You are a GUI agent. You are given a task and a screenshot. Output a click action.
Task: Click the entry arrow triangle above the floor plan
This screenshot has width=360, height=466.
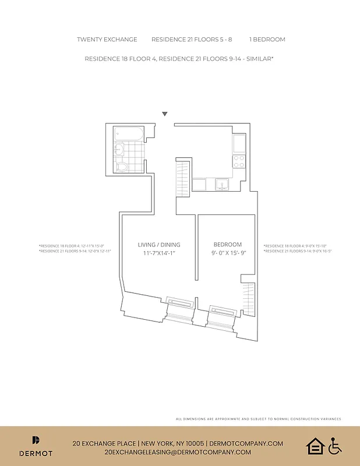(165, 114)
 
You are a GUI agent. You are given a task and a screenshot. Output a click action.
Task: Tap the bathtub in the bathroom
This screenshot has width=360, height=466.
(128, 134)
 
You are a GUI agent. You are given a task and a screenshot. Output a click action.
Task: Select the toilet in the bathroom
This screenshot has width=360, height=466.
(122, 167)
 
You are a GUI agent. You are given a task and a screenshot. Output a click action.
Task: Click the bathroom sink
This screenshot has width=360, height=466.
(118, 149)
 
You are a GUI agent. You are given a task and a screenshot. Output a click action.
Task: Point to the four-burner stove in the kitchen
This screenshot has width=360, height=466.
(239, 161)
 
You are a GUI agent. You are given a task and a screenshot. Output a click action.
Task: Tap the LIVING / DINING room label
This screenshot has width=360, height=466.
(159, 245)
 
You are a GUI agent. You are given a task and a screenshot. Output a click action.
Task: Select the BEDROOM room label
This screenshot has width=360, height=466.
(228, 245)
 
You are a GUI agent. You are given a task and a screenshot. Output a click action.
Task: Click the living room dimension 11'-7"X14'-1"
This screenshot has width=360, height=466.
(159, 253)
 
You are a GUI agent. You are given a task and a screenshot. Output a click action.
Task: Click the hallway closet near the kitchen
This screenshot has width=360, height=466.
(183, 179)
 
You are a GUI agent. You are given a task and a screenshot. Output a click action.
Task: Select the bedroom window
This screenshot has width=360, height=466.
(221, 310)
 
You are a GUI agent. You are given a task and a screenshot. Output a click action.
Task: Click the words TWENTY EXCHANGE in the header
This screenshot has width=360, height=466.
(107, 40)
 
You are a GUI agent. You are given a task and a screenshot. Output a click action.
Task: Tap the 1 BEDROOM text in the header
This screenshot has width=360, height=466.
(267, 40)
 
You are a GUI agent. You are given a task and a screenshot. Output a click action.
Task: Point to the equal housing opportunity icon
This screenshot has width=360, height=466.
(315, 447)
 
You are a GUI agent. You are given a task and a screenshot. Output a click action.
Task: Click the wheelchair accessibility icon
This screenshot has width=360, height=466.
(335, 447)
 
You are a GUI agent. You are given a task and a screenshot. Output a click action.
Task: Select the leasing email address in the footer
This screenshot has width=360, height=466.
(178, 452)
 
